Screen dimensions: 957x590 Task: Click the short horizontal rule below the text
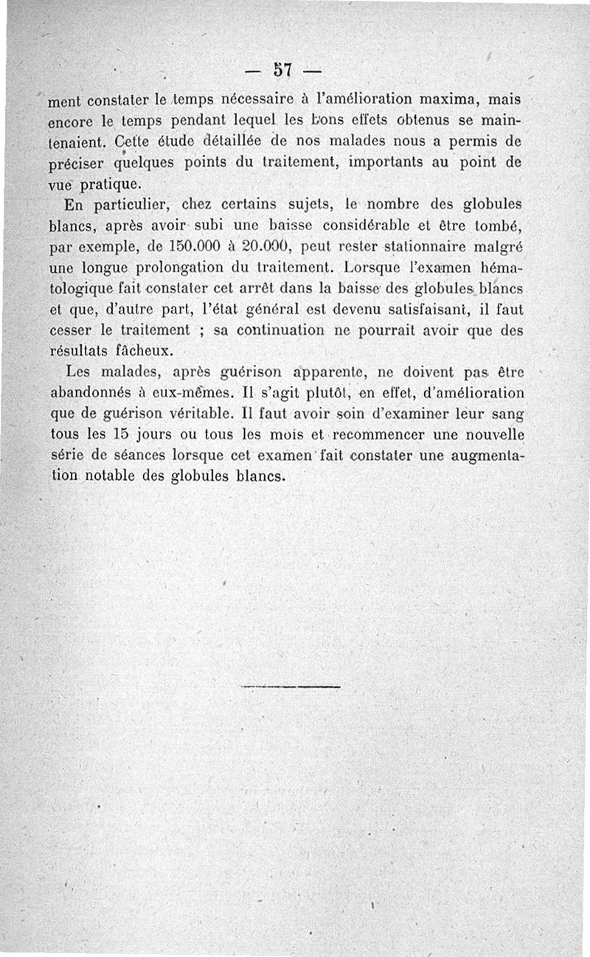291,688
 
